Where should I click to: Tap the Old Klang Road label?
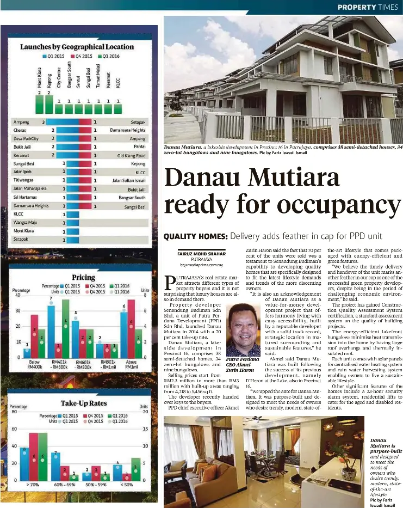pos(131,155)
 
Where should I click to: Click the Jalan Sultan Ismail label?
pos(128,180)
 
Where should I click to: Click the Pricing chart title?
pos(83,277)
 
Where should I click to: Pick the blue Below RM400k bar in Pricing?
pos(27,353)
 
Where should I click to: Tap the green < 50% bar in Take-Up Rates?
pos(135,469)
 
